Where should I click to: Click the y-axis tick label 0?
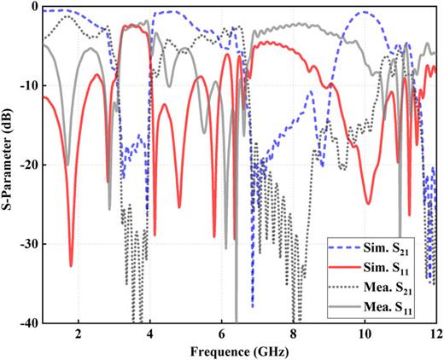coord(33,7)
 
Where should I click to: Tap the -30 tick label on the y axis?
coord(27,245)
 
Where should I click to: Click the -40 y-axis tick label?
coord(27,323)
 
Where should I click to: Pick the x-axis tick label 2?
coord(79,334)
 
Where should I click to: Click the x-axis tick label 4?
coord(150,334)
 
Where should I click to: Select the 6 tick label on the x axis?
coord(222,334)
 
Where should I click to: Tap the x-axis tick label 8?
coord(294,334)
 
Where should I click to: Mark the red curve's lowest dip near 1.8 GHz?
coord(71,265)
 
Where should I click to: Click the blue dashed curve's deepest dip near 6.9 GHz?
coord(253,305)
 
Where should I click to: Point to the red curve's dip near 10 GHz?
coord(368,203)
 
